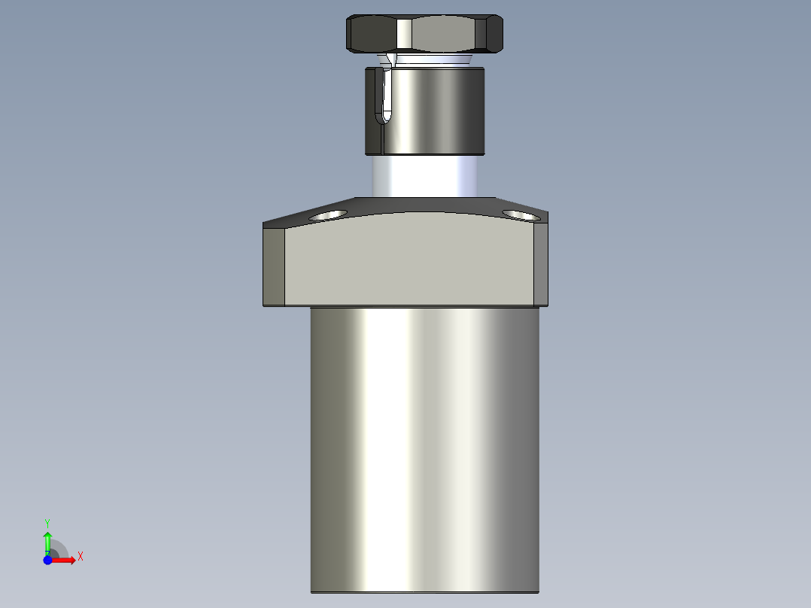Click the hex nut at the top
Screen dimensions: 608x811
[x=424, y=35]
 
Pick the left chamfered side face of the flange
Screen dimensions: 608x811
[x=274, y=265]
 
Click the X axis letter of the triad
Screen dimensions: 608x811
[x=80, y=557]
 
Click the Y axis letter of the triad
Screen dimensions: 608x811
[x=47, y=522]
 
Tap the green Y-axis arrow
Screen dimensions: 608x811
[x=47, y=540]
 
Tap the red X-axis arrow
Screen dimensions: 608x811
[x=65, y=560]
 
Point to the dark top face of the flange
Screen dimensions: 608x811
[x=425, y=205]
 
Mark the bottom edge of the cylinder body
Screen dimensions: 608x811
[x=425, y=591]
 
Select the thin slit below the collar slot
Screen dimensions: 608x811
[x=384, y=139]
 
